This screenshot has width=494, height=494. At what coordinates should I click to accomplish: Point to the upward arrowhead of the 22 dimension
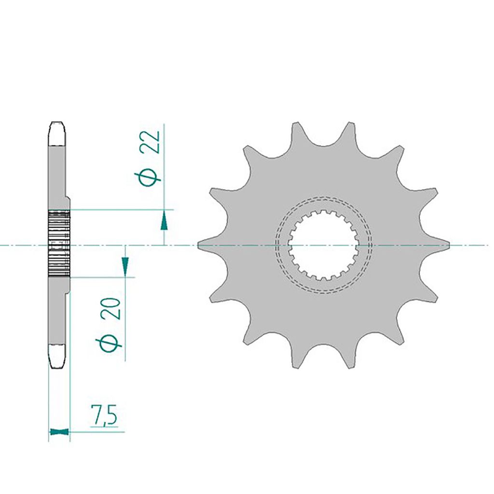click(x=165, y=221)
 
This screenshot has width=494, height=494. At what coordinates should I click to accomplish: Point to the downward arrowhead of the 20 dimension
click(x=125, y=265)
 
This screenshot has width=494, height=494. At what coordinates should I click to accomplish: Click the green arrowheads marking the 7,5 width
click(x=59, y=431)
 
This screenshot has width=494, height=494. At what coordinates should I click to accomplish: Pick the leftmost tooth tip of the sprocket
click(x=199, y=246)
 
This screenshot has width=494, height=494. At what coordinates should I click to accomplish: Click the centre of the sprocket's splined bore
click(x=323, y=246)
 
